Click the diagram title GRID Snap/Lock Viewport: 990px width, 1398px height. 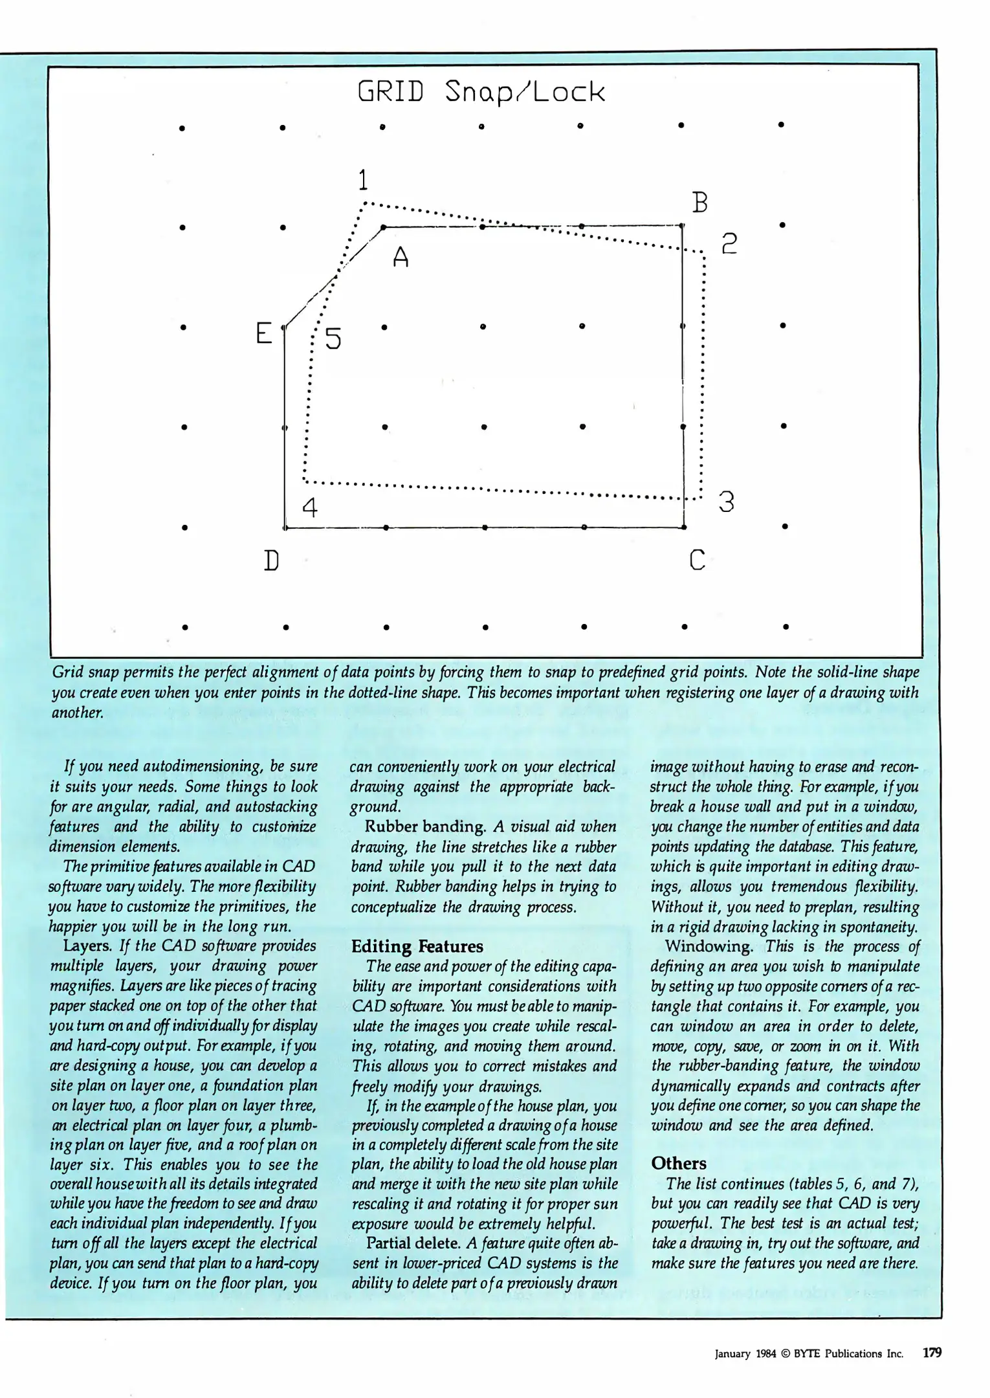point(482,93)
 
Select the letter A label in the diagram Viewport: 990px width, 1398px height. point(401,258)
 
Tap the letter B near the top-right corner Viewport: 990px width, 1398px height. point(699,203)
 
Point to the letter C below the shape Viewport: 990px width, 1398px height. point(697,559)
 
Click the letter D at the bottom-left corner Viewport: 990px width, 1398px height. point(271,560)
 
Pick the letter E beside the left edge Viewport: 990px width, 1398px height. point(263,333)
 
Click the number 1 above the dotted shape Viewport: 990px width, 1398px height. point(363,179)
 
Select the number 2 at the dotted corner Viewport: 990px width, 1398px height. point(729,243)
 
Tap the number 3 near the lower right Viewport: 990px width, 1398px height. point(727,502)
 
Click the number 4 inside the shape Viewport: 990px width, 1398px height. point(310,507)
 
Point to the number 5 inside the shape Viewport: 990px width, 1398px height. point(333,338)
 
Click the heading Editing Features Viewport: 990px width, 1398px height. point(417,946)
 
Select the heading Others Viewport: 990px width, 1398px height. point(679,1163)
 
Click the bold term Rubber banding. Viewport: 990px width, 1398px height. point(425,827)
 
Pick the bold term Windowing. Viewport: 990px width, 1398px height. point(709,946)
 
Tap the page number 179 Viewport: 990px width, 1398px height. point(932,1353)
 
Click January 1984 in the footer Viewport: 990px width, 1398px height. point(745,1353)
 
